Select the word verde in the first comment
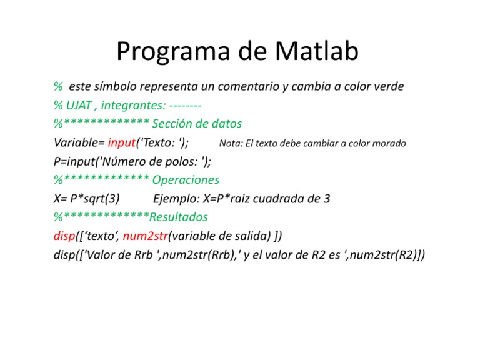point(388,86)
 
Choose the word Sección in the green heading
point(173,124)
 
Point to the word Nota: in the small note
point(231,144)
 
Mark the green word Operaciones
point(186,180)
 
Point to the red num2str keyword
point(146,236)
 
